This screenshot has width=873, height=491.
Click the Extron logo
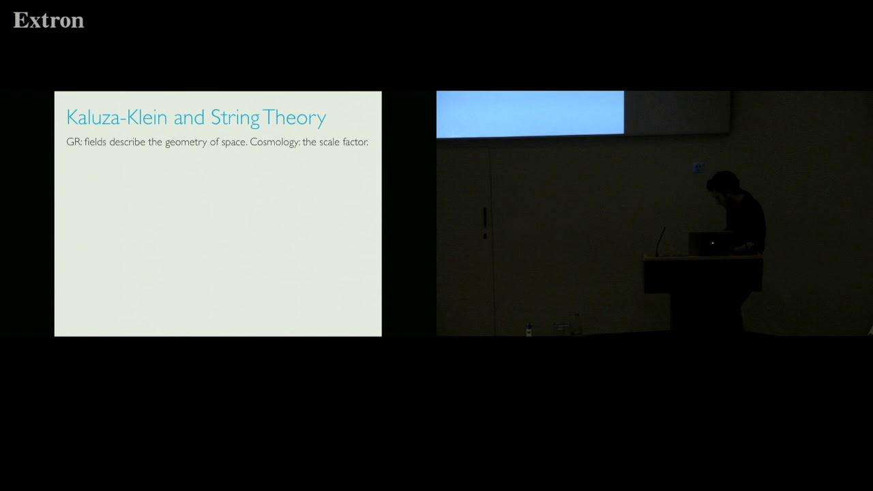click(48, 20)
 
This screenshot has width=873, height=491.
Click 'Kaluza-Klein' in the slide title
click(117, 117)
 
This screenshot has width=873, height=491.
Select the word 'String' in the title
click(235, 118)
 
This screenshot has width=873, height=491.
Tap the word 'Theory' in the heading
click(294, 118)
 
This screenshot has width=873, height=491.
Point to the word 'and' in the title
click(189, 117)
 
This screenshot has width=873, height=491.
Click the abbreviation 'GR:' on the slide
click(74, 142)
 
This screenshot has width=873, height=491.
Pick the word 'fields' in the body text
click(95, 142)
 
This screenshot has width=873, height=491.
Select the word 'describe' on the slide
click(128, 142)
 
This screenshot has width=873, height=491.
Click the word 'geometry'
click(186, 143)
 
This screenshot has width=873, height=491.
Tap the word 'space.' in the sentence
click(234, 143)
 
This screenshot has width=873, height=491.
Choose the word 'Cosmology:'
click(275, 143)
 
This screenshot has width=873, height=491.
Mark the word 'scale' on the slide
click(329, 142)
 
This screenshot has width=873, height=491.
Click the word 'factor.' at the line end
click(355, 142)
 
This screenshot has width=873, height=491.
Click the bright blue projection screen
click(530, 114)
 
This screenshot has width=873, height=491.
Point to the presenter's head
click(724, 185)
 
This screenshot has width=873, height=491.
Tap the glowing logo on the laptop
click(713, 243)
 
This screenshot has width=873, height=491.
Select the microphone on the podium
click(660, 241)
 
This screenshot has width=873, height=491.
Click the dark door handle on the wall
click(485, 223)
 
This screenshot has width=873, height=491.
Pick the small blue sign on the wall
click(699, 168)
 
